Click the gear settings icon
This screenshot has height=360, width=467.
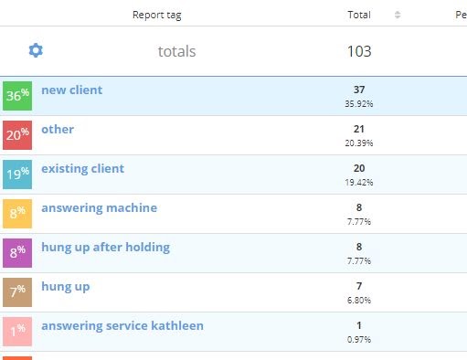36,50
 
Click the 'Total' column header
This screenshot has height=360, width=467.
359,15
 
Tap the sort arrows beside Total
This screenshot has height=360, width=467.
398,15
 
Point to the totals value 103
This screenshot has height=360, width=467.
359,51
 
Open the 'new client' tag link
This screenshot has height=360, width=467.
71,90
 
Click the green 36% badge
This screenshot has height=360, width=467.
16,95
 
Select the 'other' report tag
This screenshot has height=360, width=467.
58,129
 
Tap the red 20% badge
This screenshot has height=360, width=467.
16,134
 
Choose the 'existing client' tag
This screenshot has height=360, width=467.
82,168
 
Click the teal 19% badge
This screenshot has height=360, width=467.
16,174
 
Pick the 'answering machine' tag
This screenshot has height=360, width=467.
99,207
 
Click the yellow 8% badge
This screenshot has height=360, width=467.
16,213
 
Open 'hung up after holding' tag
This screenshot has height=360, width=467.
105,247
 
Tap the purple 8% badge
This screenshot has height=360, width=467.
16,252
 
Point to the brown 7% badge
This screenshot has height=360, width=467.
16,291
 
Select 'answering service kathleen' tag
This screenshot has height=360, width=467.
122,325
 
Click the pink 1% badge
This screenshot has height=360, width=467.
16,331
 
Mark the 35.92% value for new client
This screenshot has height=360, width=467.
359,103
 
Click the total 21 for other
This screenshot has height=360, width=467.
359,129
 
